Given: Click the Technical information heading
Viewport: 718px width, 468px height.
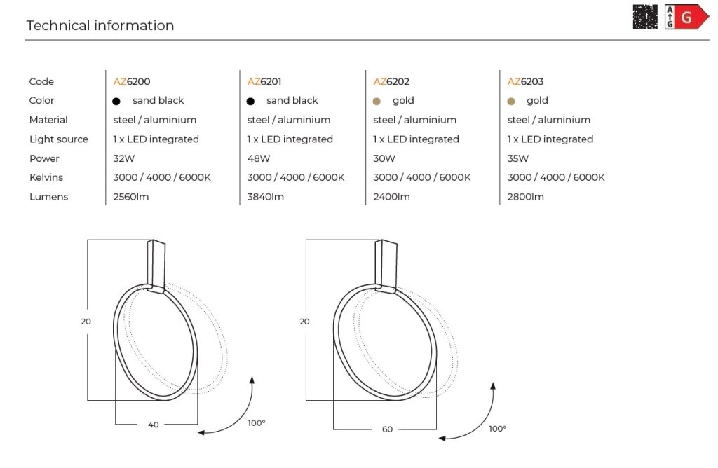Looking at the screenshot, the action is tap(100, 25).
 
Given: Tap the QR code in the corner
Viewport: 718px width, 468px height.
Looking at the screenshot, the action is tap(645, 17).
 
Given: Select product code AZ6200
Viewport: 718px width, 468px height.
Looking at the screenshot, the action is tap(131, 81).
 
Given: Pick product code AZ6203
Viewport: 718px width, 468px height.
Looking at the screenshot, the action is tap(525, 81).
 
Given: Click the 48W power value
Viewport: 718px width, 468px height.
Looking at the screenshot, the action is tap(258, 158).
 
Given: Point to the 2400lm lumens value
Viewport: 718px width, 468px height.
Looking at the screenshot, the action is tap(391, 197).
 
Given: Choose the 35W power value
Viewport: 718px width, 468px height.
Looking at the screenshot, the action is tap(518, 158).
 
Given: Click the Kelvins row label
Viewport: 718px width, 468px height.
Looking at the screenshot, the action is tap(46, 177).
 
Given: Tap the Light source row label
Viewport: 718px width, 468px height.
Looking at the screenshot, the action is tap(59, 139).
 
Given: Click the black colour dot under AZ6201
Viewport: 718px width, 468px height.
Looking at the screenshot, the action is tap(250, 101).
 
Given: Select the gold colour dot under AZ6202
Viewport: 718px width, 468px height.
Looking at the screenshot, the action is tap(377, 101).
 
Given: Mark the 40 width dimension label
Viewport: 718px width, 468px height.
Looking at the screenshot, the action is tap(154, 425).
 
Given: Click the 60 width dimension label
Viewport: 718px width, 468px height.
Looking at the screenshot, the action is tap(387, 429).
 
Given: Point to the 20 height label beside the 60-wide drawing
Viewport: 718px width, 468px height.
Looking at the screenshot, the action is tap(304, 322).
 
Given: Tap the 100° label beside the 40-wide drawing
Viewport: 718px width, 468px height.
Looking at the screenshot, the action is tap(257, 423).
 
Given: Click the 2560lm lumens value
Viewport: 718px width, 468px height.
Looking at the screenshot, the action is tap(131, 197).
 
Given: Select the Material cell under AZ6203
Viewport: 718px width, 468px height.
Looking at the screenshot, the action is tap(548, 120).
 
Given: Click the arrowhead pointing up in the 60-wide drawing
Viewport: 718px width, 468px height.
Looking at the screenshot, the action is tap(493, 386).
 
